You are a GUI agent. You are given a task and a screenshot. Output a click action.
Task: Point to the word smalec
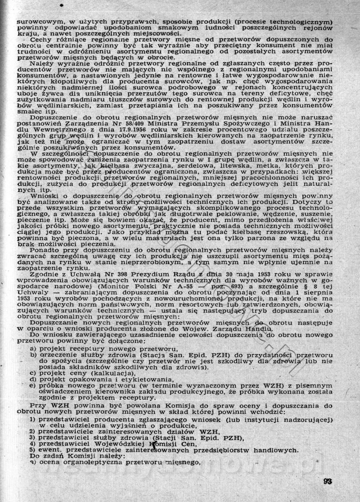click(28, 109)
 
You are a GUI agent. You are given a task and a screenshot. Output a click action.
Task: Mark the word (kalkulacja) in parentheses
click(108, 373)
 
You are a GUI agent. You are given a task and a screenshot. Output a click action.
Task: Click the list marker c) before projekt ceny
click(33, 373)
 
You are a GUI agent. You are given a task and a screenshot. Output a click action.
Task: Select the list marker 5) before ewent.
click(32, 449)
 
